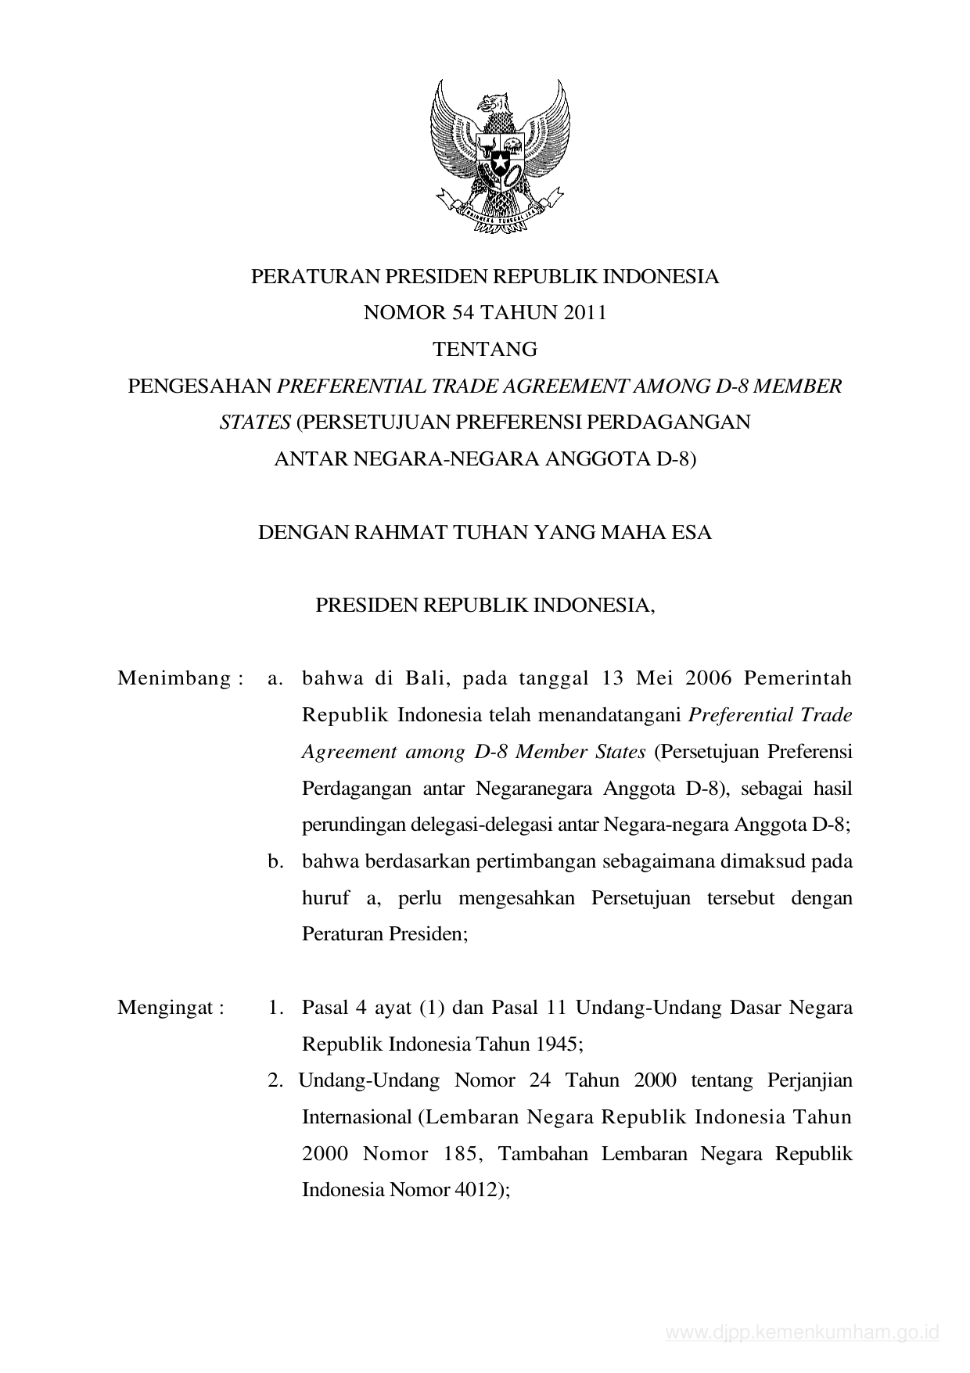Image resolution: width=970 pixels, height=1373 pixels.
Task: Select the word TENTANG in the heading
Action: point(485,349)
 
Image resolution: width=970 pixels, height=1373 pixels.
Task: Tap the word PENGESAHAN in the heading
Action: point(199,386)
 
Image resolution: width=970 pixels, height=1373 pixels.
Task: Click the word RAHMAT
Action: point(397,533)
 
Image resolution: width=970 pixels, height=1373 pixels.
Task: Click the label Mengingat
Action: point(165,1008)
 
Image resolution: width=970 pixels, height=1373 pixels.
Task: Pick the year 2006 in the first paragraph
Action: point(708,678)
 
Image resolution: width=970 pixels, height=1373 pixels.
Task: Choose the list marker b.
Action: point(275,861)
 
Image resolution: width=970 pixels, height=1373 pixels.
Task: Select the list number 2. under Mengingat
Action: point(275,1081)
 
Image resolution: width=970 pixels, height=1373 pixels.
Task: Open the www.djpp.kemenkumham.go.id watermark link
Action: point(801,1332)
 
